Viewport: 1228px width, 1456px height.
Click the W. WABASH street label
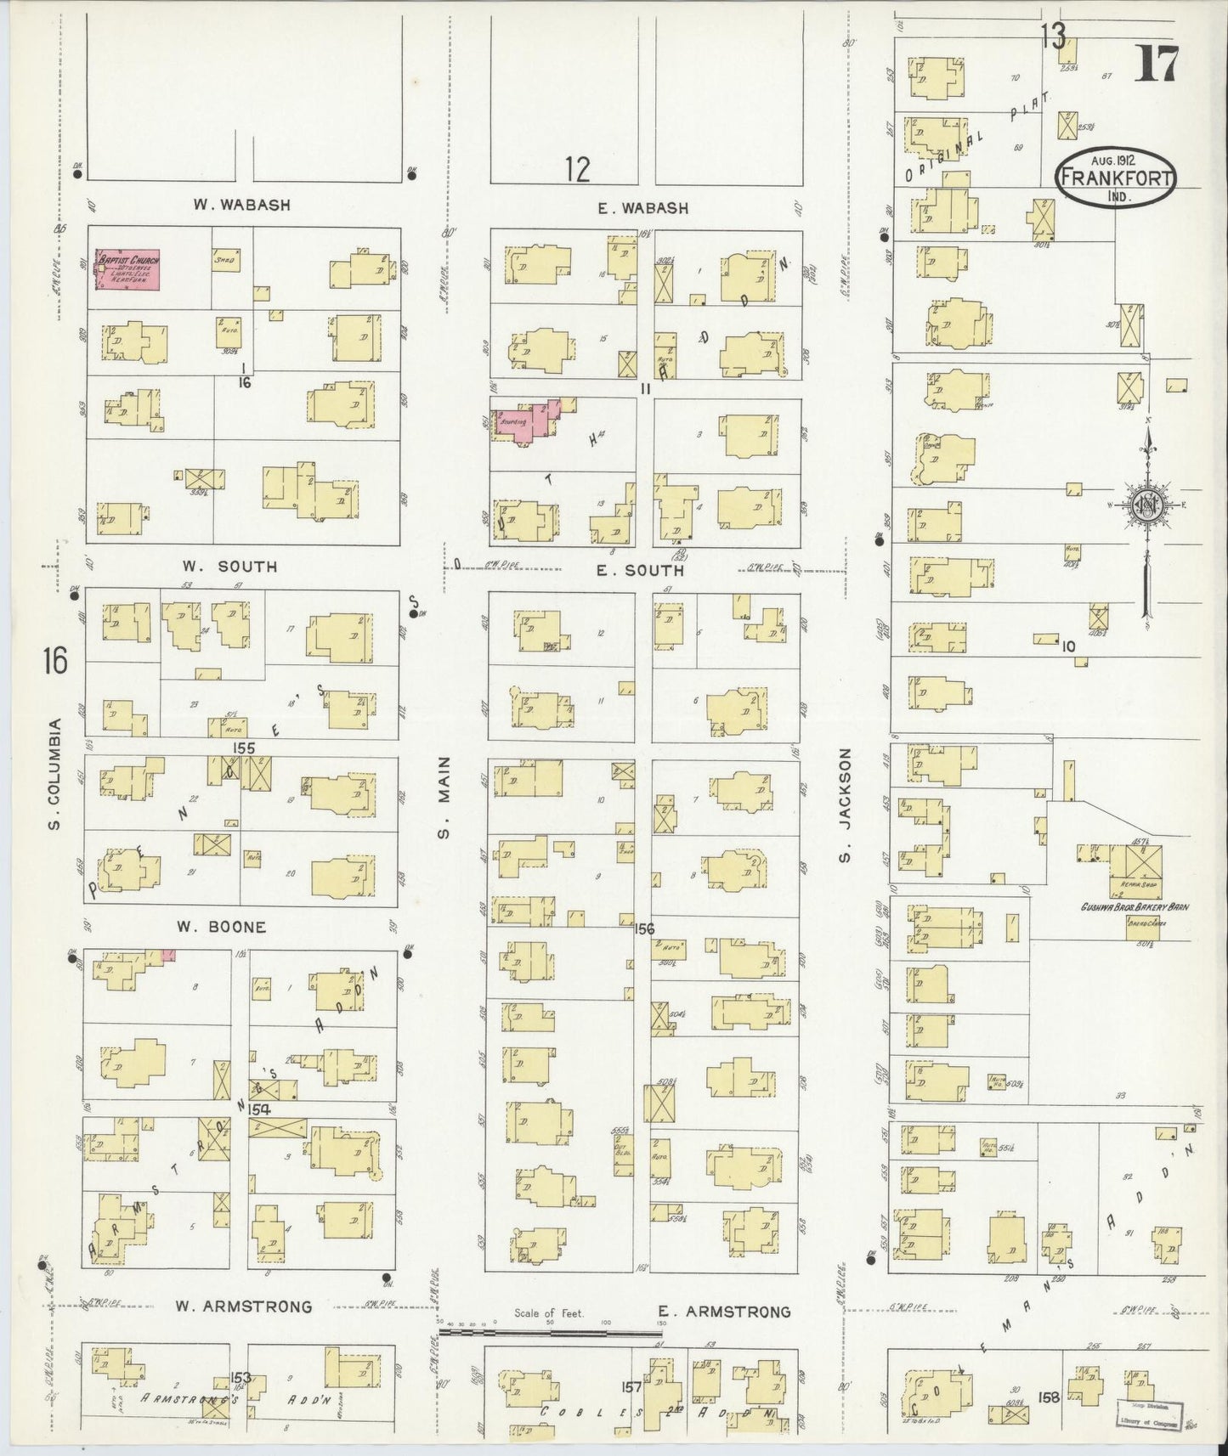(x=241, y=205)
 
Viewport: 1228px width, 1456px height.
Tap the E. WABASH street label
(x=642, y=208)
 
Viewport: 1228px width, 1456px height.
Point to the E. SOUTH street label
(x=640, y=571)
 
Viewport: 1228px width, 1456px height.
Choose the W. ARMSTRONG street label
(x=244, y=1306)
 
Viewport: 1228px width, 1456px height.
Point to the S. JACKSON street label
(x=845, y=804)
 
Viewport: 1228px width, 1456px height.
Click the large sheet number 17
(x=1157, y=64)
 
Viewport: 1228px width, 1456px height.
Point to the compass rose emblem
(x=1146, y=506)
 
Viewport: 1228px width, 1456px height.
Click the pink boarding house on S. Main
(x=524, y=422)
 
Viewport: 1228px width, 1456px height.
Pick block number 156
(x=644, y=928)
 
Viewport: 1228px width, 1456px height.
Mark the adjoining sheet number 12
(x=578, y=170)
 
